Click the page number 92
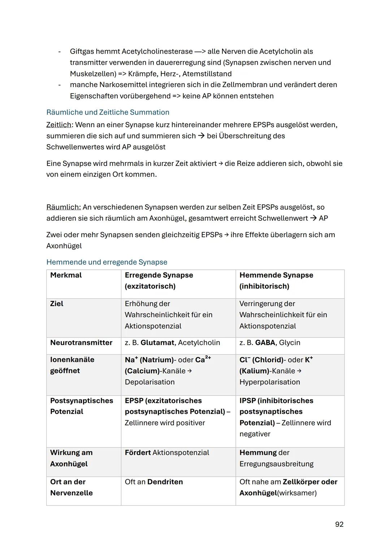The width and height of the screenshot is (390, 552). pyautogui.click(x=339, y=524)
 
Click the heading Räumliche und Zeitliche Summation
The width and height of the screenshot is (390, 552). pyautogui.click(x=108, y=112)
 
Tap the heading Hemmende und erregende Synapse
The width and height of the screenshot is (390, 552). pyautogui.click(x=107, y=262)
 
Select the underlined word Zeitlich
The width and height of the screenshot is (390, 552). pyautogui.click(x=58, y=125)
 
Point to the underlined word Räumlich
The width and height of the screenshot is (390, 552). pyautogui.click(x=63, y=207)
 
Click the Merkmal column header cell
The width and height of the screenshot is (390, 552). pyautogui.click(x=66, y=275)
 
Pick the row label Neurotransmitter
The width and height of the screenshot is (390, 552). pyautogui.click(x=81, y=343)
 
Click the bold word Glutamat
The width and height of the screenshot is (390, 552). pyautogui.click(x=157, y=343)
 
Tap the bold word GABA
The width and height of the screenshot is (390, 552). pyautogui.click(x=265, y=343)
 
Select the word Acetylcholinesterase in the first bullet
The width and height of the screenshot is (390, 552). pyautogui.click(x=157, y=51)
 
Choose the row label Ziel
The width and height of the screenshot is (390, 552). pyautogui.click(x=57, y=304)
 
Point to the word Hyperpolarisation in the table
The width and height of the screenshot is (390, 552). pyautogui.click(x=269, y=382)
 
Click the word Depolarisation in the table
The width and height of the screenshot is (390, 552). pyautogui.click(x=149, y=382)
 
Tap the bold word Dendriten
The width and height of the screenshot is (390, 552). pyautogui.click(x=165, y=482)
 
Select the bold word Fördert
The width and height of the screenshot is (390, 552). pyautogui.click(x=138, y=453)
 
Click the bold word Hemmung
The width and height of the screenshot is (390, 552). pyautogui.click(x=258, y=453)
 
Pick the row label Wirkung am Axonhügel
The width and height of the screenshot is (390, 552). pyautogui.click(x=71, y=458)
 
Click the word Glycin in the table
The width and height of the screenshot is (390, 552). pyautogui.click(x=290, y=343)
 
